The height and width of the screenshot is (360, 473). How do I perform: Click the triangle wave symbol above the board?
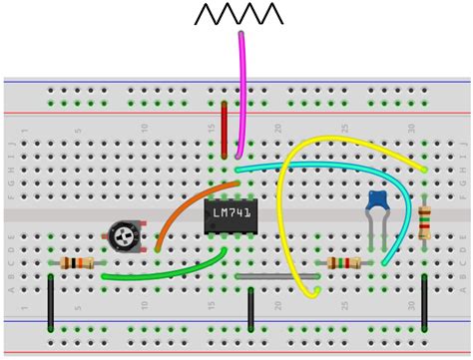(x=238, y=14)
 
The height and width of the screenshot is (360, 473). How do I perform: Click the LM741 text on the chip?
(x=232, y=212)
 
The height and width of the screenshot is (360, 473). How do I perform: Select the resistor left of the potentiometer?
(x=78, y=263)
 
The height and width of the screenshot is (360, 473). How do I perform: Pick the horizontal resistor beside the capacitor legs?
(x=344, y=263)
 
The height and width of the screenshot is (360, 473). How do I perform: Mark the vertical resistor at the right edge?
(x=425, y=221)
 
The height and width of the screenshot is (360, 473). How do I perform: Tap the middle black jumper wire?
(x=250, y=309)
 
